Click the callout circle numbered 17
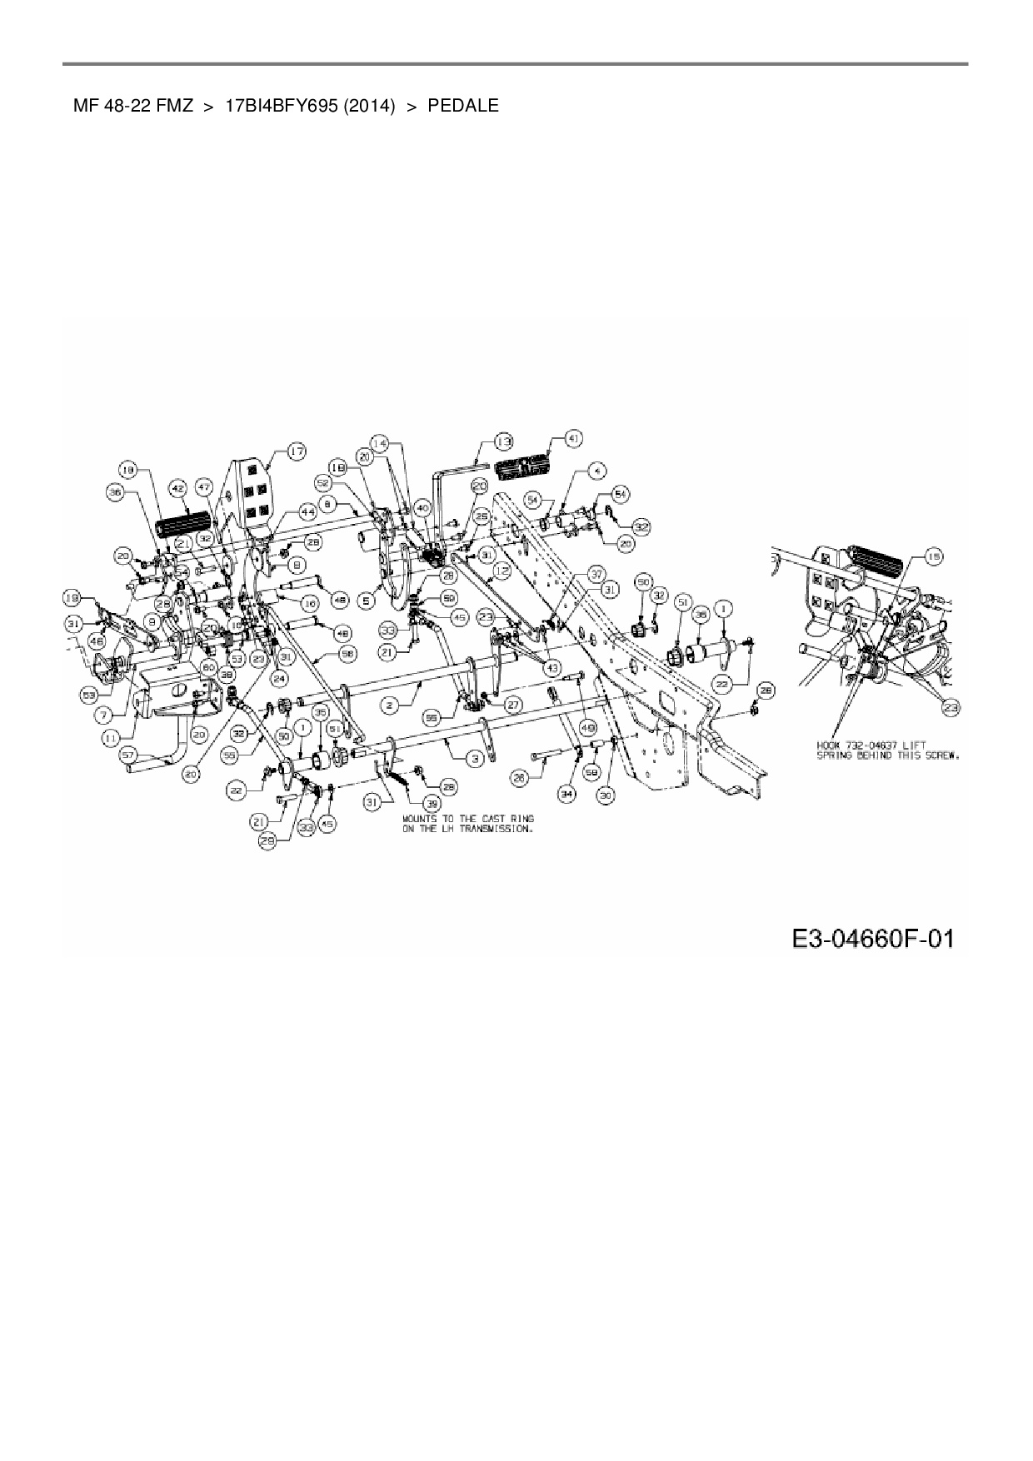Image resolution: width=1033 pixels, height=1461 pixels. (297, 451)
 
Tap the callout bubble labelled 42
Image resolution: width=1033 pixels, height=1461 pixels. (177, 489)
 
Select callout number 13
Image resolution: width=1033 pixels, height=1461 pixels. (503, 441)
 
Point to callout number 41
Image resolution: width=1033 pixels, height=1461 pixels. (574, 438)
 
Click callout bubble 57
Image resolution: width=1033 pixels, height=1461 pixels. (128, 754)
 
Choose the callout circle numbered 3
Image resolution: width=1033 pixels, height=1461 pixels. (475, 758)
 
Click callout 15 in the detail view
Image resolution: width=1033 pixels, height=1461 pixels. (935, 556)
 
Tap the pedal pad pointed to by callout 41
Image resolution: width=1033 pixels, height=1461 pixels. (525, 469)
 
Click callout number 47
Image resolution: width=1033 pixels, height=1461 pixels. (205, 486)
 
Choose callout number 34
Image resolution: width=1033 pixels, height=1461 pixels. (567, 795)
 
